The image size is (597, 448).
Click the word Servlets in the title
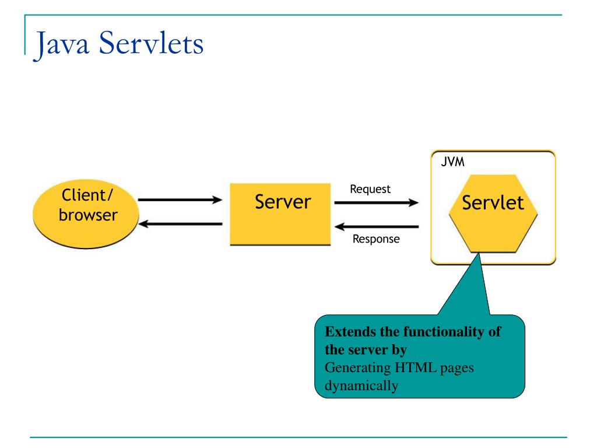(x=151, y=43)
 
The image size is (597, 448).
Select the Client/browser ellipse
(x=86, y=213)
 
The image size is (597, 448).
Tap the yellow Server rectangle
(x=280, y=214)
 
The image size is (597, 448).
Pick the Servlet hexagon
(x=493, y=213)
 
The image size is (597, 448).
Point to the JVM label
(x=452, y=162)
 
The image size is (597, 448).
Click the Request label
(x=370, y=189)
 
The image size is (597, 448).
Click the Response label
(x=376, y=239)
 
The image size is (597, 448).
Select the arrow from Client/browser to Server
(x=180, y=199)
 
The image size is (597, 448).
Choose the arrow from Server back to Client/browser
(x=180, y=224)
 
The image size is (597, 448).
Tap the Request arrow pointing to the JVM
(x=377, y=202)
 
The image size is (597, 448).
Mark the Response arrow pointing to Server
(x=377, y=227)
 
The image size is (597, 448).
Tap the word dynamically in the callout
(x=361, y=386)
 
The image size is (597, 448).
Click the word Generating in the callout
(x=358, y=369)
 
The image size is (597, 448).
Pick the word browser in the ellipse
(x=89, y=215)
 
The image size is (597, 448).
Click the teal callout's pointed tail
(x=479, y=254)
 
